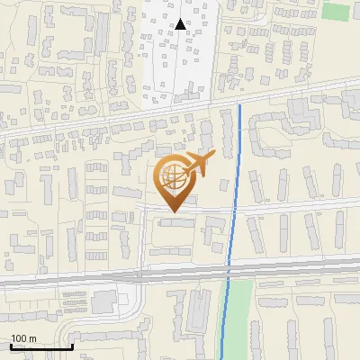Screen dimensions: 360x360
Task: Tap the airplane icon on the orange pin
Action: [x=200, y=163]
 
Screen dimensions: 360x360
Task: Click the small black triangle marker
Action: [x=181, y=24]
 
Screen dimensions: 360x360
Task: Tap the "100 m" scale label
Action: [x=23, y=338]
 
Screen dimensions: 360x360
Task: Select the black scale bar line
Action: [x=41, y=346]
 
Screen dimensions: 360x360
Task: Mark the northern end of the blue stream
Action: [x=240, y=106]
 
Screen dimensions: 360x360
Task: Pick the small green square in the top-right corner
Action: [x=335, y=12]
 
